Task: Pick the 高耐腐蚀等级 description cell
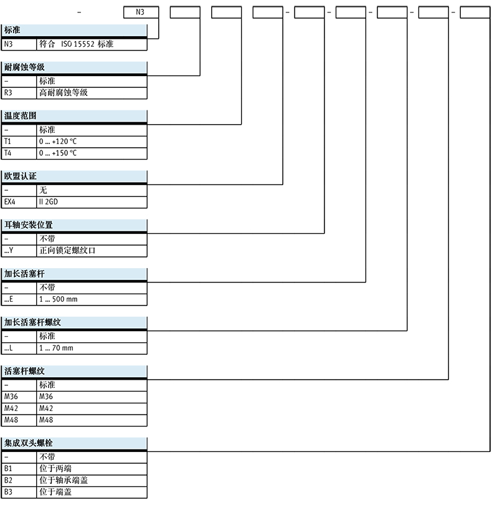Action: tap(64, 93)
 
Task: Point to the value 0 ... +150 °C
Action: tap(58, 153)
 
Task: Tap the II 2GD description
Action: tap(49, 202)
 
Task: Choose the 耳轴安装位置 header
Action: tap(29, 225)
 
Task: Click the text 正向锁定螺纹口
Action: tap(68, 251)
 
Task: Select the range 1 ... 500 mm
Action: tap(58, 299)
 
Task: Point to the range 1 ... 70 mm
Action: tap(56, 348)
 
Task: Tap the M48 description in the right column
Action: tap(47, 420)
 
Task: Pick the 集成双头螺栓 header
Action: tap(29, 443)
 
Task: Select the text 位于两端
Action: tap(55, 468)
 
